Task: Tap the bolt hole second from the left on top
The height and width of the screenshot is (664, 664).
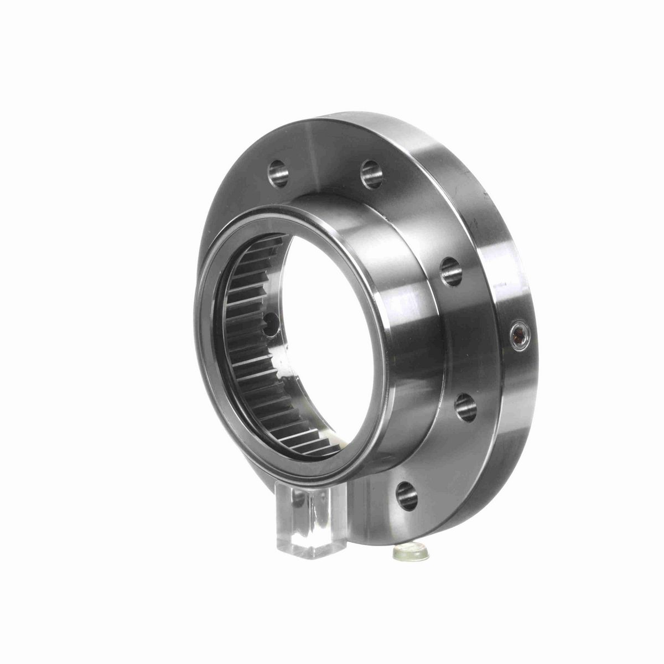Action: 371,173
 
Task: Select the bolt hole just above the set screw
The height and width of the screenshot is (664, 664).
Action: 452,272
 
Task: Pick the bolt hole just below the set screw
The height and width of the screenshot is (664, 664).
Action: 465,408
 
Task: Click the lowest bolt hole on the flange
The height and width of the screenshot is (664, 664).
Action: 407,495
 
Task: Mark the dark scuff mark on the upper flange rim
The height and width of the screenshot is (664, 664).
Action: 487,195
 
